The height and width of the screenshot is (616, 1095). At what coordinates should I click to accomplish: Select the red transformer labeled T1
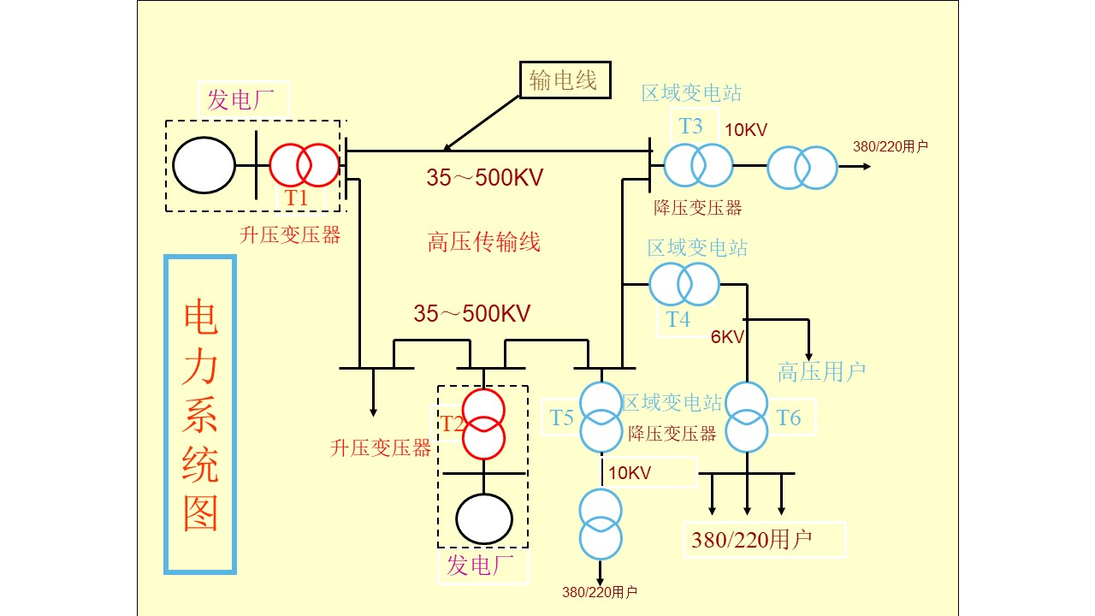coord(305,165)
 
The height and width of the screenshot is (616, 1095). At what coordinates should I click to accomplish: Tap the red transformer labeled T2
coord(484,424)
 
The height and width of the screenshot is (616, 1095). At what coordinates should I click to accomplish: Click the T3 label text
coord(691,127)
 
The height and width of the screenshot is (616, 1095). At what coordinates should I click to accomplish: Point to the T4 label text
coord(678,320)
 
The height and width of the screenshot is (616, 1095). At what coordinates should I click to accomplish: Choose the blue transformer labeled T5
coord(601,417)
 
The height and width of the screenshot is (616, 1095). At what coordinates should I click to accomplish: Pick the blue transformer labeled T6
coord(748,417)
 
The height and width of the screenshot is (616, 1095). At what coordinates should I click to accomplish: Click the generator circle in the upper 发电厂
coord(204,165)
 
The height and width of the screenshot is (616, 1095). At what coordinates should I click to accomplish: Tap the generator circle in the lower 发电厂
coord(484,518)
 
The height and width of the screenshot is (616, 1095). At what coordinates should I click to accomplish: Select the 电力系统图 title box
coord(200,414)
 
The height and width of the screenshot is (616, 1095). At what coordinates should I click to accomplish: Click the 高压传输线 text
coord(484,242)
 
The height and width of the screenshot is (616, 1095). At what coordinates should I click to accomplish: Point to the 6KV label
coord(728,336)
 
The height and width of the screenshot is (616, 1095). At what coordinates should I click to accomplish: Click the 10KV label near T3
coord(747,130)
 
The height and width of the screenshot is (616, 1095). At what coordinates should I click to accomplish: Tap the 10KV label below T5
coord(630,472)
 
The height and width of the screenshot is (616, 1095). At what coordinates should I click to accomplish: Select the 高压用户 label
coord(821,371)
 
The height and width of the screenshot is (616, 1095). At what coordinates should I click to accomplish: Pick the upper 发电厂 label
coord(244,100)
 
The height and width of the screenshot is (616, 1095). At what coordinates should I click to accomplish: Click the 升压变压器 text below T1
coord(291,236)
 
